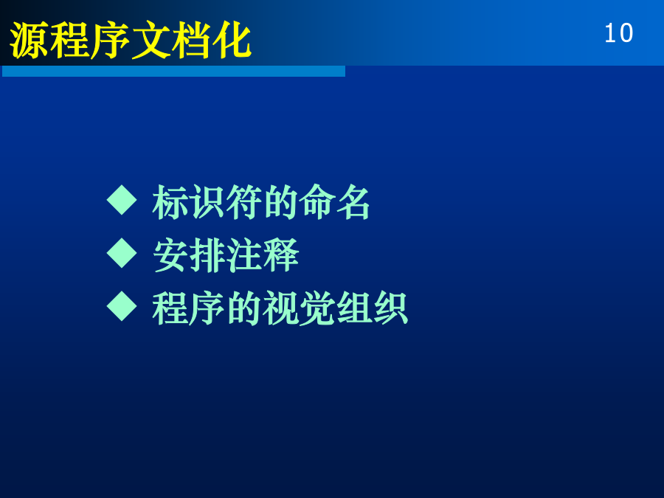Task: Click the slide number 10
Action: click(x=619, y=33)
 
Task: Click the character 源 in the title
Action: click(x=29, y=41)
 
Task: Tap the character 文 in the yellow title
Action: click(x=151, y=41)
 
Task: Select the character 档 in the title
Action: click(x=191, y=41)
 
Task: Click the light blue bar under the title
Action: click(x=173, y=71)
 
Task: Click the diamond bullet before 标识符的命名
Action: click(x=122, y=200)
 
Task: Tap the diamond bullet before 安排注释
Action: click(x=122, y=253)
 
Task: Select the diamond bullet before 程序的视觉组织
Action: click(x=122, y=305)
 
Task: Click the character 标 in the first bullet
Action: click(x=170, y=202)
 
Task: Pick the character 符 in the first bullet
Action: click(x=243, y=202)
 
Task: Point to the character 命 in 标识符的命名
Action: click(x=317, y=202)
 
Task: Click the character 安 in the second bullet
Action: click(x=170, y=255)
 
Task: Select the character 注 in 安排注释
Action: click(x=243, y=255)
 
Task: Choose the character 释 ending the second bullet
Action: click(x=280, y=255)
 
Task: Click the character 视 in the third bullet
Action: click(x=280, y=308)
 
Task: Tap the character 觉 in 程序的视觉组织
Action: click(x=317, y=308)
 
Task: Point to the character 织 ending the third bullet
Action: click(x=390, y=308)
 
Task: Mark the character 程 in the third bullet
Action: click(x=170, y=308)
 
